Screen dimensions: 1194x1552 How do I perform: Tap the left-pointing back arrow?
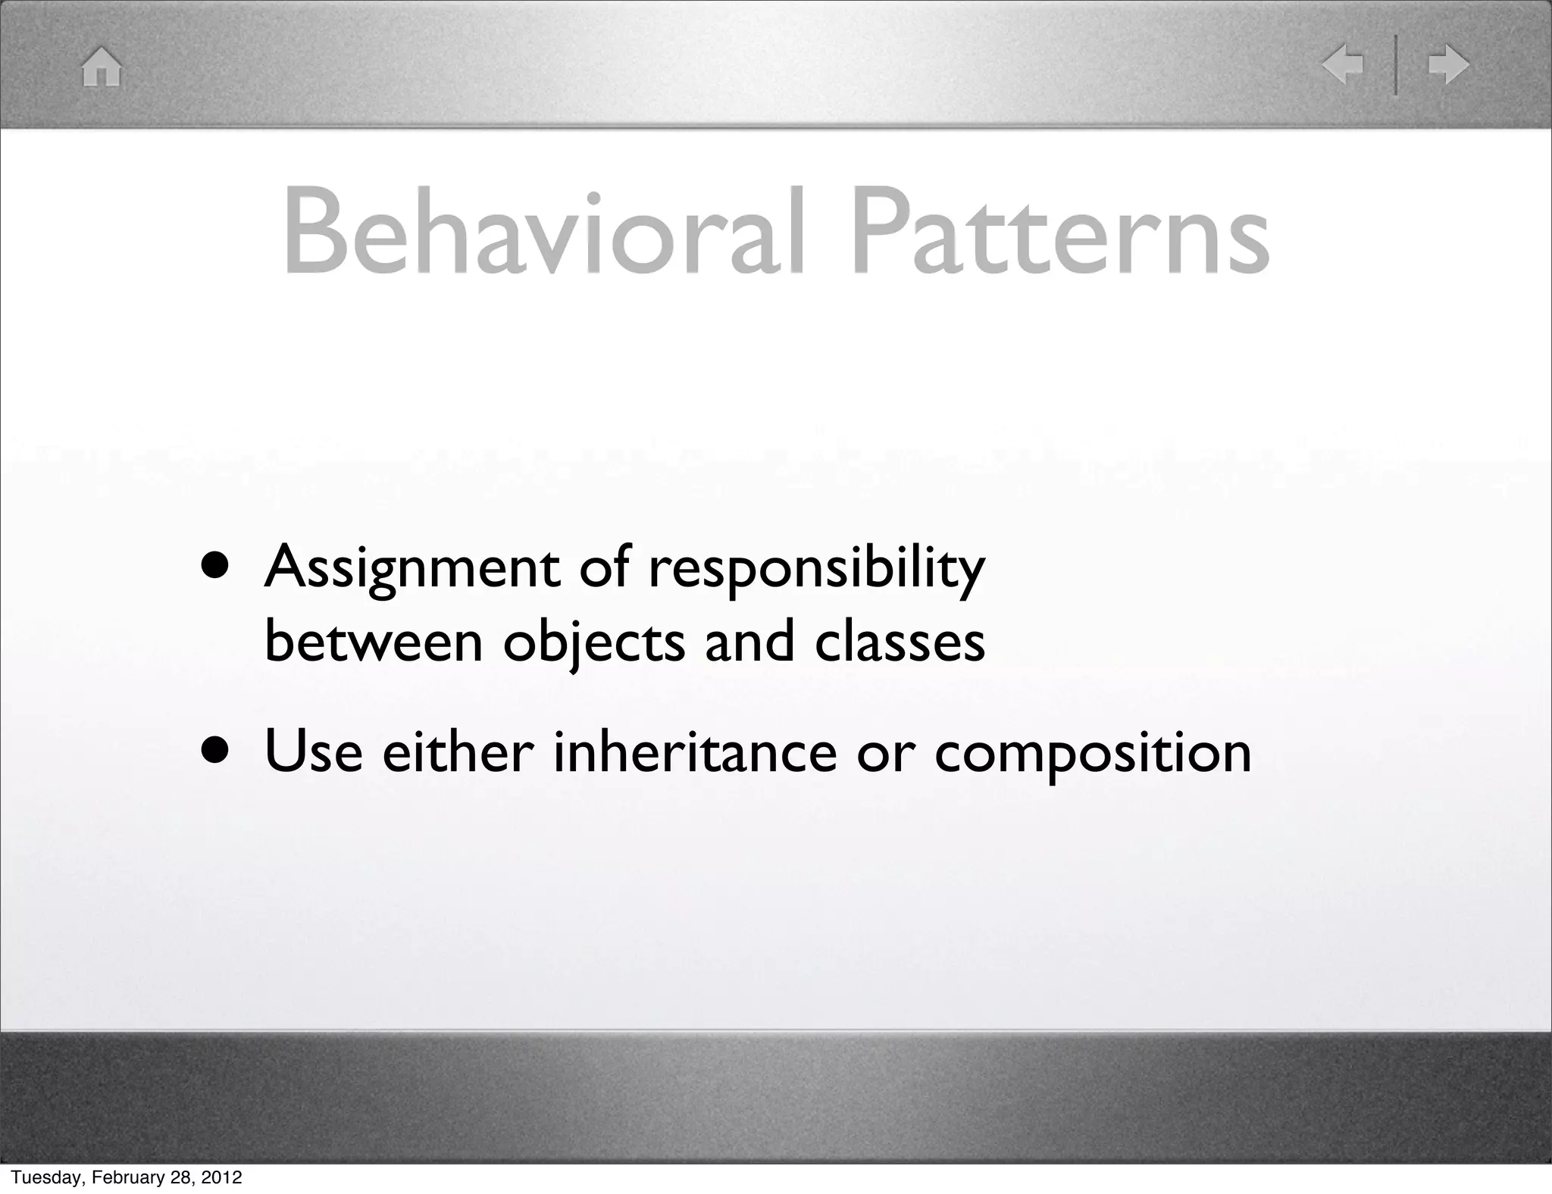pos(1343,64)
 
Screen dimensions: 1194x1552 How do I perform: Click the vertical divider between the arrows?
pos(1395,65)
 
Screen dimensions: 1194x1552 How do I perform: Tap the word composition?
pos(1092,755)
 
